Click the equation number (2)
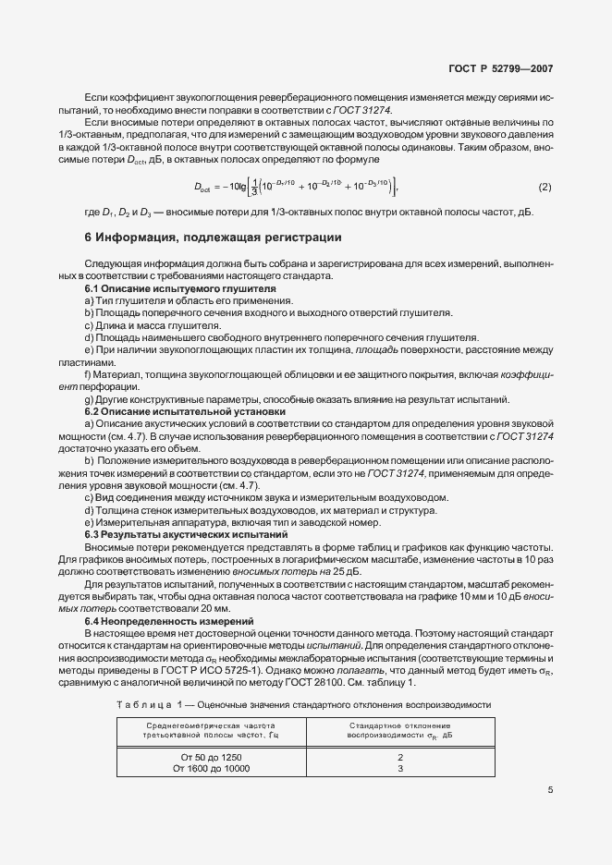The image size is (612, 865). coord(545,188)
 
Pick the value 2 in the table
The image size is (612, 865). coord(400,757)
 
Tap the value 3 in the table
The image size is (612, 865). coord(400,769)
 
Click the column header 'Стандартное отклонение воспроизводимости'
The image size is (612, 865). coord(400,728)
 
